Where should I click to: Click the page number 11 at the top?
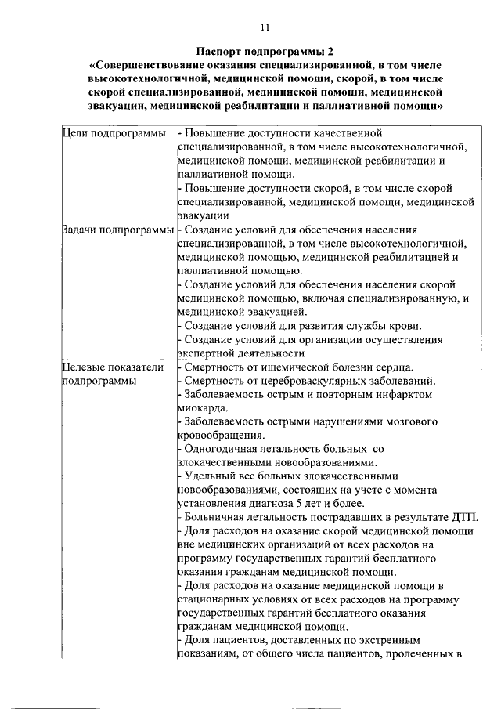pyautogui.click(x=265, y=27)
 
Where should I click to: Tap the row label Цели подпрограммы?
pyautogui.click(x=113, y=134)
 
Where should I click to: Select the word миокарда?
pyautogui.click(x=203, y=408)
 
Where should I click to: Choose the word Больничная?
pyautogui.click(x=214, y=517)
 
